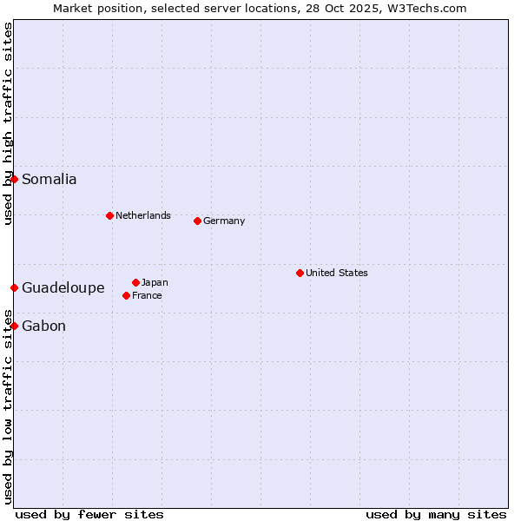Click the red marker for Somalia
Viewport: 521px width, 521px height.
point(14,179)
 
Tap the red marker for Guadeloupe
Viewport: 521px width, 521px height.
point(14,287)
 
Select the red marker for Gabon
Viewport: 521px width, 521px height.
point(14,326)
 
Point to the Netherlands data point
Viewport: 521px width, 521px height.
point(109,215)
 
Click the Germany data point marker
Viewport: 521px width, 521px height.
point(197,221)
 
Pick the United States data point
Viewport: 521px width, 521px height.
point(300,273)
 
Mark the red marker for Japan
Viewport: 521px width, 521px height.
point(135,282)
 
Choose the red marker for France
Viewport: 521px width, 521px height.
point(126,295)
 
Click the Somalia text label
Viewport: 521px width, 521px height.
point(49,180)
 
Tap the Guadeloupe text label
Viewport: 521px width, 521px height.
point(63,288)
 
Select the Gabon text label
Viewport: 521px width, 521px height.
point(43,326)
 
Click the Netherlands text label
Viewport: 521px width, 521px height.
point(143,215)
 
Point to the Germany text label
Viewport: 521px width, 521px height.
point(224,221)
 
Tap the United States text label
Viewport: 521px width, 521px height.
point(337,273)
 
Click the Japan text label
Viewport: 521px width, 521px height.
point(155,282)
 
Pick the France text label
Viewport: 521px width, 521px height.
point(147,295)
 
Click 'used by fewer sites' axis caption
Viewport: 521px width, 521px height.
point(89,514)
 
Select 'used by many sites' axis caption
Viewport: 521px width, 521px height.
point(436,514)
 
